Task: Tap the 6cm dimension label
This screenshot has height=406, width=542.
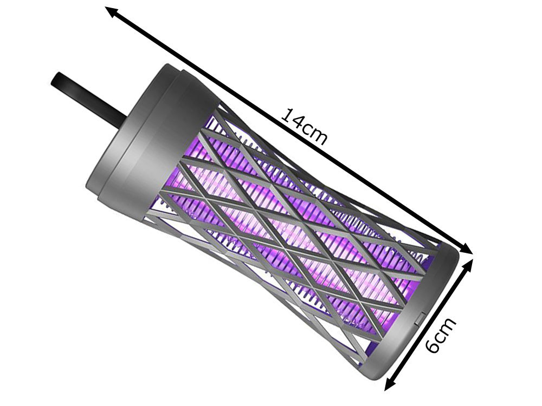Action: [442, 336]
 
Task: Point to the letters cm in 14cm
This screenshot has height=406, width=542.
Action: [314, 134]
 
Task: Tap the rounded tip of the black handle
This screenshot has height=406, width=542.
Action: [55, 80]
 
